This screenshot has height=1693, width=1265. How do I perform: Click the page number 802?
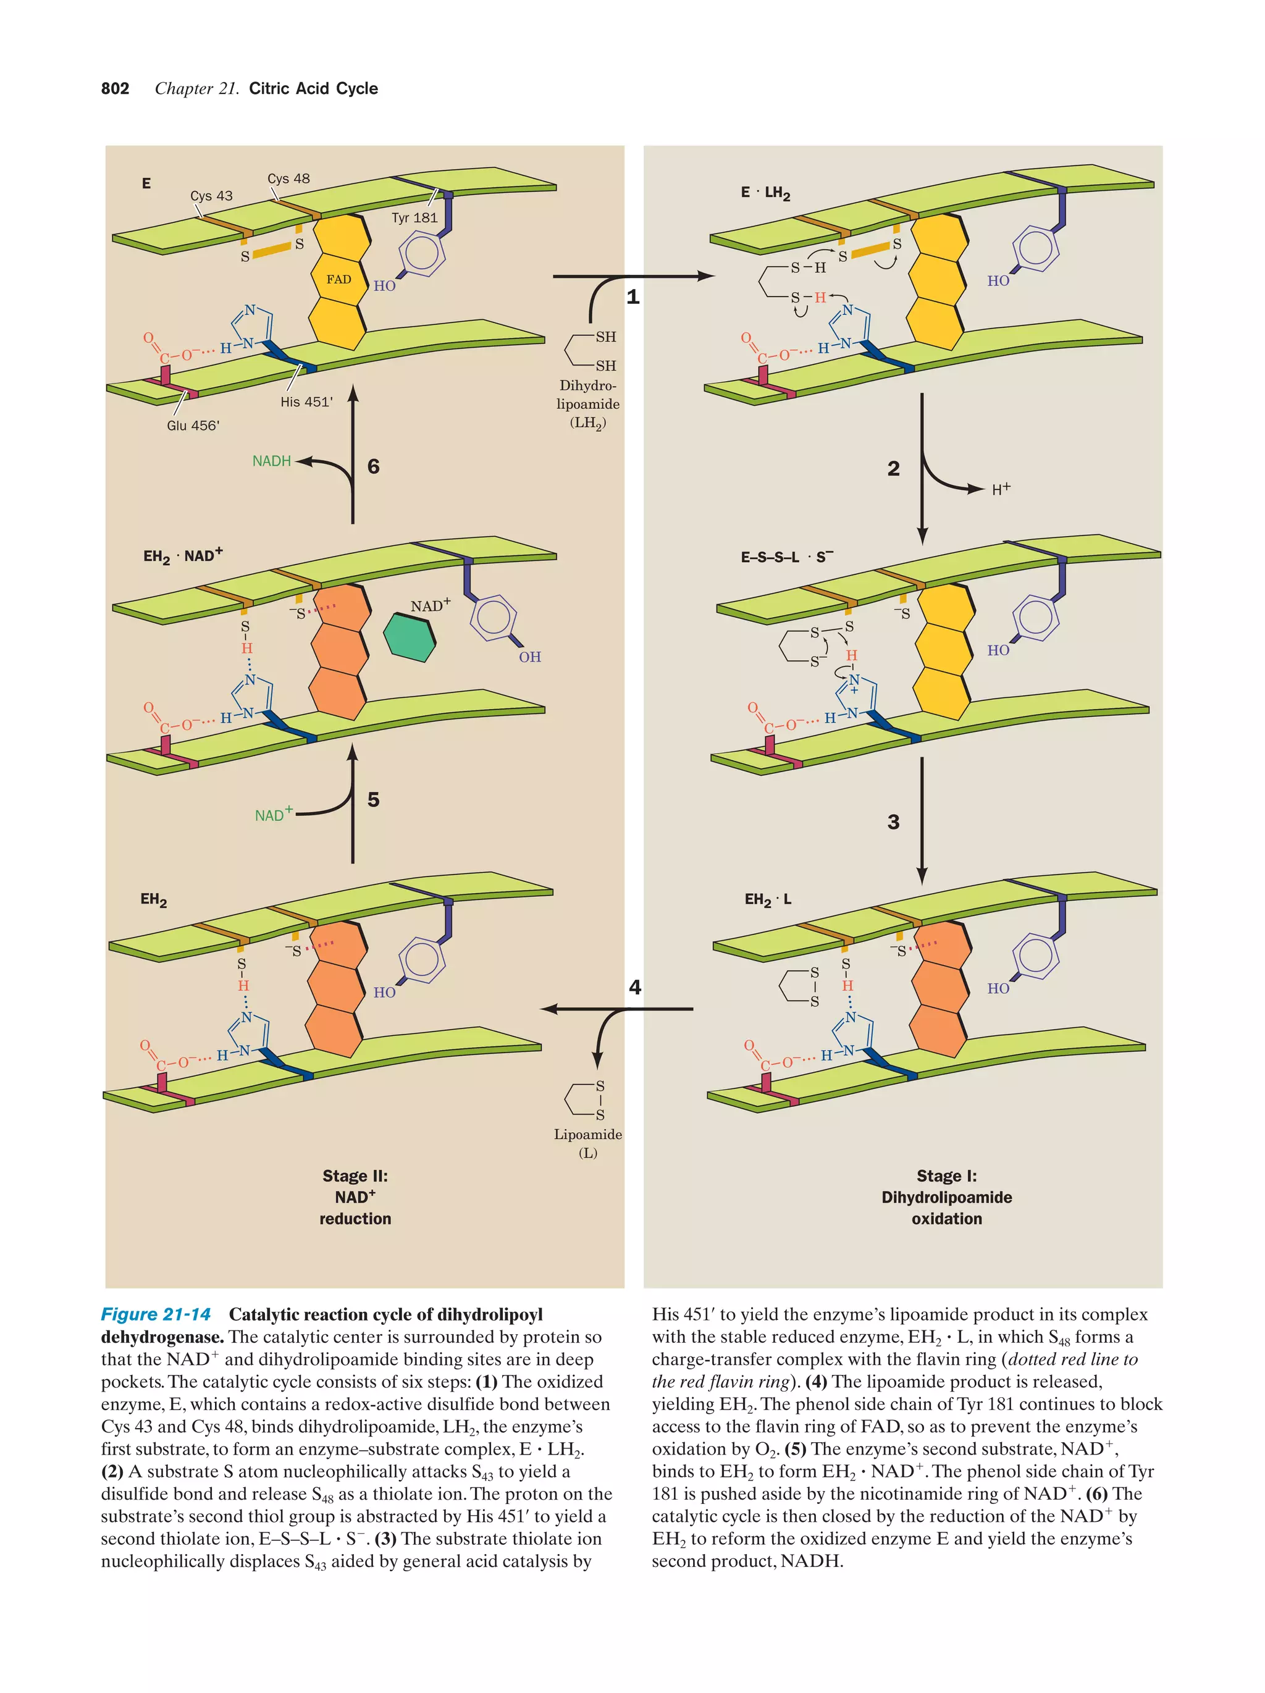[115, 89]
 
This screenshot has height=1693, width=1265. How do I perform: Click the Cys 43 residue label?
[211, 196]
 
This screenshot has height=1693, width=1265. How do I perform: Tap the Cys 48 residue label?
[288, 179]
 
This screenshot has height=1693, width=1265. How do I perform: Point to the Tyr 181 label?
[414, 218]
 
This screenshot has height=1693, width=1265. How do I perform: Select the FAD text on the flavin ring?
[338, 279]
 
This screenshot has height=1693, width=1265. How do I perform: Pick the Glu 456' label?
[193, 426]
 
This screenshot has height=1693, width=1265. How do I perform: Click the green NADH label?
[272, 461]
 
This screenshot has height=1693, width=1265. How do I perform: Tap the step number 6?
[374, 466]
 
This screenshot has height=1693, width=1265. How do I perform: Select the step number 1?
[633, 297]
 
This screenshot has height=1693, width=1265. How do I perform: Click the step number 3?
[893, 822]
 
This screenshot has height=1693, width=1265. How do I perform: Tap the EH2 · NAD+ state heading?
[183, 556]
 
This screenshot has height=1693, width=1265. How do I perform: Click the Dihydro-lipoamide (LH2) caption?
[588, 404]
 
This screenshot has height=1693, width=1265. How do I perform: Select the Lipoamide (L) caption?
[588, 1143]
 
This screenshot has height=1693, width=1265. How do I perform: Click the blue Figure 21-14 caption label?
[156, 1315]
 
